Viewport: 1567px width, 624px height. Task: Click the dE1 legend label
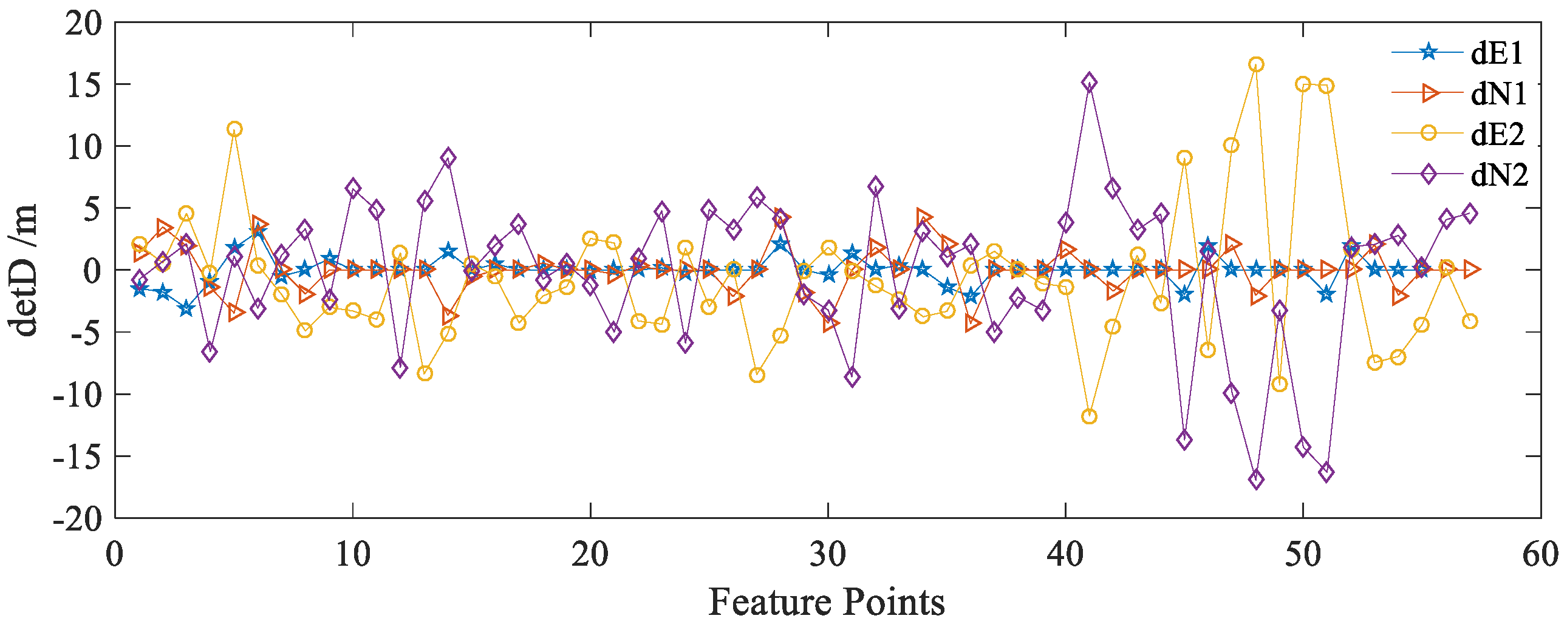pos(1496,53)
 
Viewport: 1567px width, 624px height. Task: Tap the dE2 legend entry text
pos(1497,134)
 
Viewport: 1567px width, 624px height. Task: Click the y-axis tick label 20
pos(83,24)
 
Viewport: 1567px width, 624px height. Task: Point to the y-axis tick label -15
pos(77,456)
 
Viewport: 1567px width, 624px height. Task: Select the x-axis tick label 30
pos(828,555)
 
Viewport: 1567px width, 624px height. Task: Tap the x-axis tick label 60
pos(1540,555)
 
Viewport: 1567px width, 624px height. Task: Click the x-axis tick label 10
pos(353,555)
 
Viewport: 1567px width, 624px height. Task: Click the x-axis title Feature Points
pos(826,602)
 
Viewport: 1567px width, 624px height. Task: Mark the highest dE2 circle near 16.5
pos(1255,64)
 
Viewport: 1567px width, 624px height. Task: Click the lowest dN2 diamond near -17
pos(1255,480)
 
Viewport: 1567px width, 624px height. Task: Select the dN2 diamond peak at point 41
pos(1089,82)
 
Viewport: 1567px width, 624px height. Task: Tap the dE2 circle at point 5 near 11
pos(234,129)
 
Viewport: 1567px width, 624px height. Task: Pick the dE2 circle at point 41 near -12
pos(1089,416)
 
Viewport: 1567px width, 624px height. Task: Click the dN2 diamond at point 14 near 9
pos(448,158)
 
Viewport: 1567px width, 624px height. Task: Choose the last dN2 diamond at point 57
pos(1470,214)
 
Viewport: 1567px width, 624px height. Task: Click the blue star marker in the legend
pos(1429,52)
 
